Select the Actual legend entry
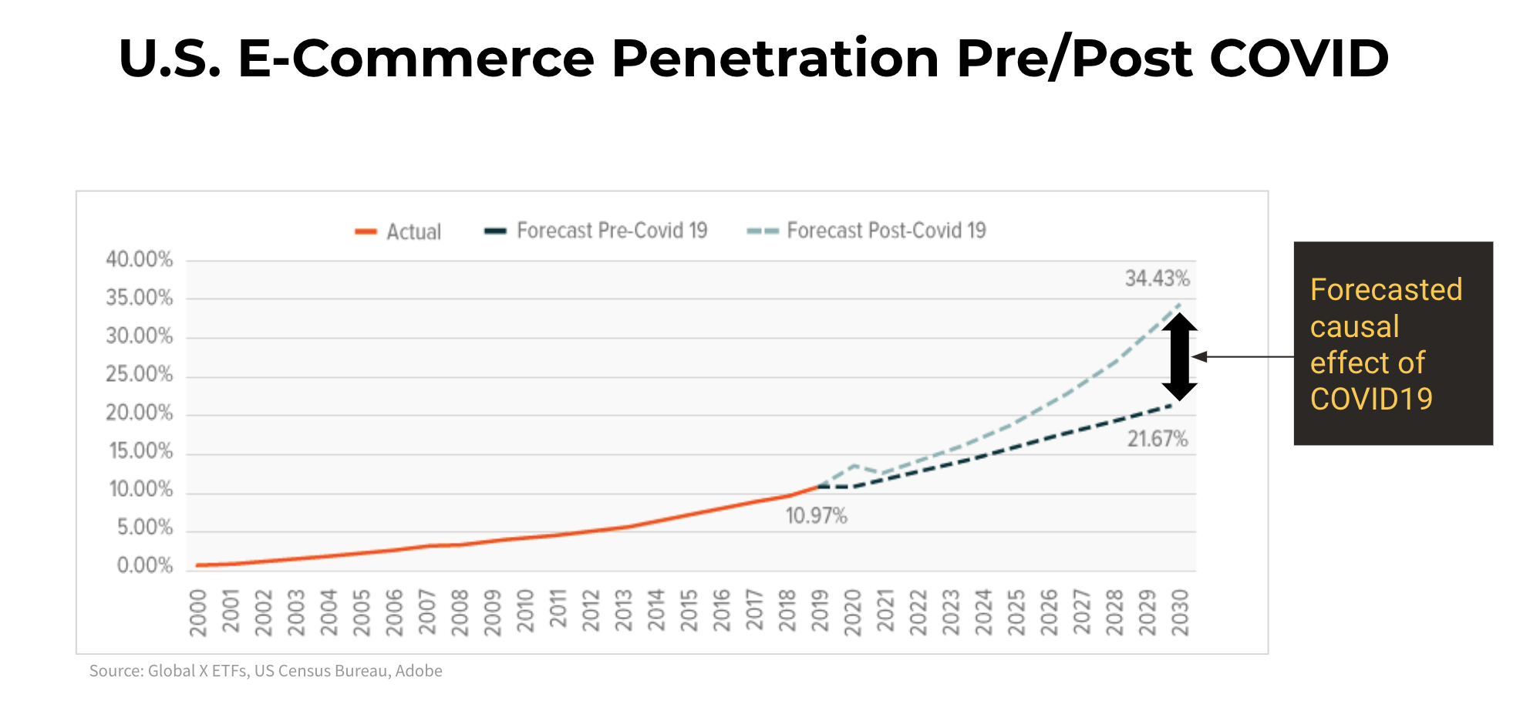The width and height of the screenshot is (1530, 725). (399, 231)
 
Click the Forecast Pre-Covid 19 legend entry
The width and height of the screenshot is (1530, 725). (596, 231)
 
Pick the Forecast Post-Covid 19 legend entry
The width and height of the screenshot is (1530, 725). (868, 231)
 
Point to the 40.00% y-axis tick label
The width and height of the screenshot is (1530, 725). (140, 260)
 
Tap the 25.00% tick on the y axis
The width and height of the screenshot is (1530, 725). (140, 375)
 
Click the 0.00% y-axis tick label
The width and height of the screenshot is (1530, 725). (144, 566)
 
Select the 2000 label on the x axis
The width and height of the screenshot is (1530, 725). (198, 612)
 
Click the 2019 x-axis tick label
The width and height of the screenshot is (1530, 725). (820, 612)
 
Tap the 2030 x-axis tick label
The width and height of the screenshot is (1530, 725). (1180, 612)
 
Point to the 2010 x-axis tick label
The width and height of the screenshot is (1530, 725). (525, 612)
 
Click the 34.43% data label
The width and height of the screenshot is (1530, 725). (1157, 278)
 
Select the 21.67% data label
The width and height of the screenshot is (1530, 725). (1157, 440)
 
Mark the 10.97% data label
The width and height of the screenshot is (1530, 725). (816, 516)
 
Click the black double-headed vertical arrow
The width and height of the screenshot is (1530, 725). (1179, 356)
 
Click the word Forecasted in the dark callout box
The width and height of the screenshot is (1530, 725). (1386, 290)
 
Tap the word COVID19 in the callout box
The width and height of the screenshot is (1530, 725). (1371, 399)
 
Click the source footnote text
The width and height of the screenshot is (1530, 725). (266, 671)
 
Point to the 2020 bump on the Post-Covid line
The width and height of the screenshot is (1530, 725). (853, 466)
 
